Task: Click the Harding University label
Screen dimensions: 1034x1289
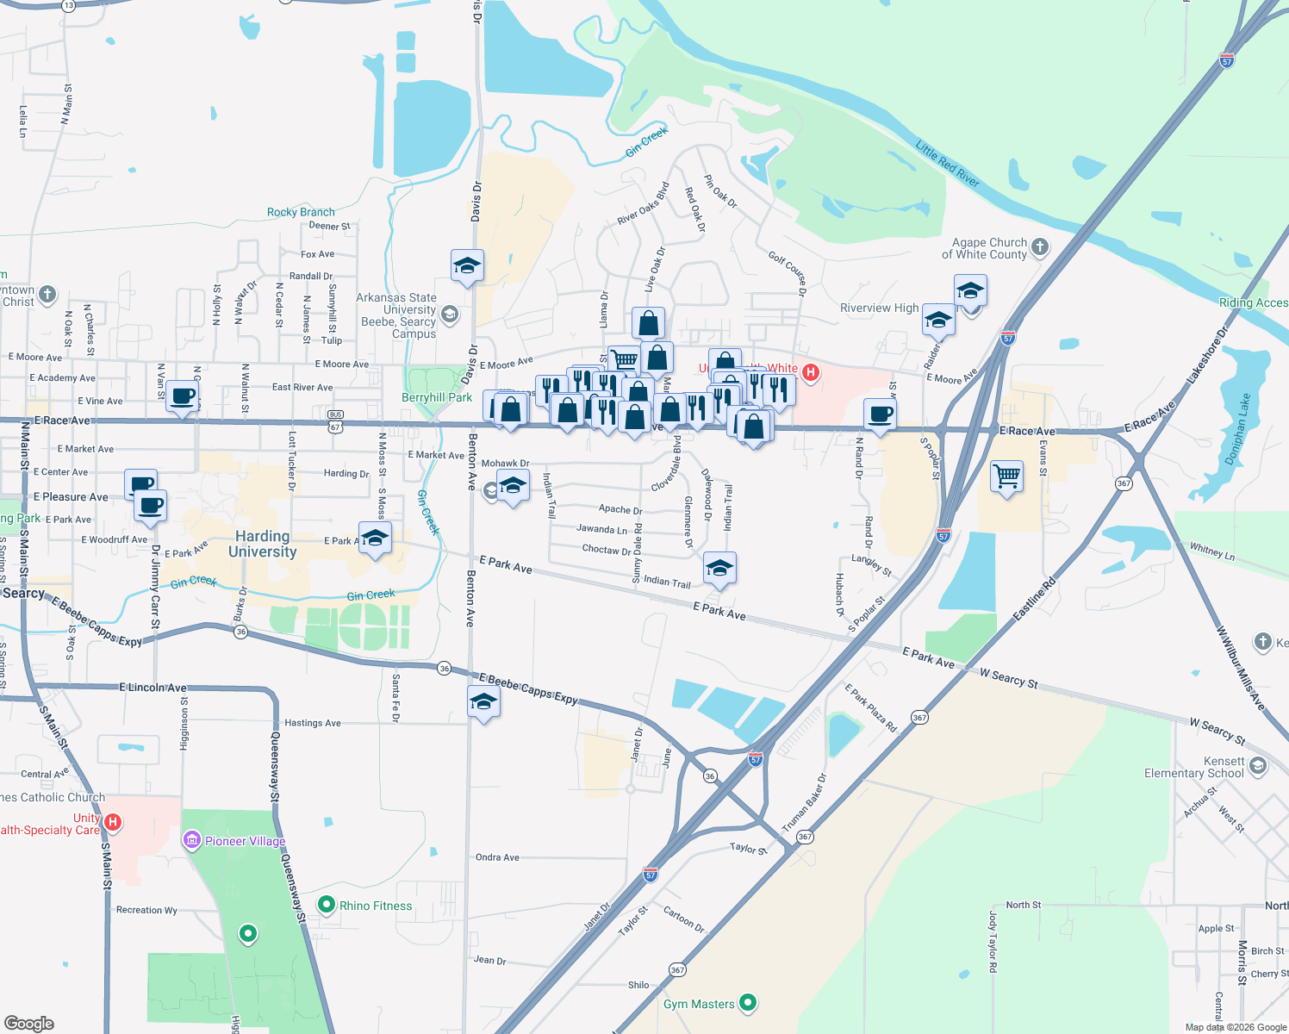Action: tap(262, 545)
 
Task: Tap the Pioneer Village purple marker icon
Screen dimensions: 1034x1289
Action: tap(191, 840)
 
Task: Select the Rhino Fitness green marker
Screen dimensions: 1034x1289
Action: tap(326, 905)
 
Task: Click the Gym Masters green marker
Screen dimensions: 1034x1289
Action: tap(748, 1003)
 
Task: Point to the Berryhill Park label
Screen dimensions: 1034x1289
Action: tap(437, 398)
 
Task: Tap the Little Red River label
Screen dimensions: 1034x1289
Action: tap(947, 164)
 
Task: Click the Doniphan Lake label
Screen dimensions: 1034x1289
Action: tap(1237, 429)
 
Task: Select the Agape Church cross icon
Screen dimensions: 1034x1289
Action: tap(1040, 247)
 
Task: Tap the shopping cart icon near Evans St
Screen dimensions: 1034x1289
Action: tap(1006, 475)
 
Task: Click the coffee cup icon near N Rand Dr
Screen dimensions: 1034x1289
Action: tap(881, 414)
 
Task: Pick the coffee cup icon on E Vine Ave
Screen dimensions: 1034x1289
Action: tap(182, 396)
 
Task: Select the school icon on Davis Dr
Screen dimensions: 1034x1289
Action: tap(467, 265)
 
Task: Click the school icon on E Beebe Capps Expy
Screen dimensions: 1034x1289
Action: tap(483, 702)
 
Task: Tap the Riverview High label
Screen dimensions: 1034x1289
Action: tap(879, 308)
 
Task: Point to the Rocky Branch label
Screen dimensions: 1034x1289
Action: tap(301, 212)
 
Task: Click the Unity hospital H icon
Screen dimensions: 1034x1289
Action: tap(113, 823)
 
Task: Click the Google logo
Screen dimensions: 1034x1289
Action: tap(29, 1024)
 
